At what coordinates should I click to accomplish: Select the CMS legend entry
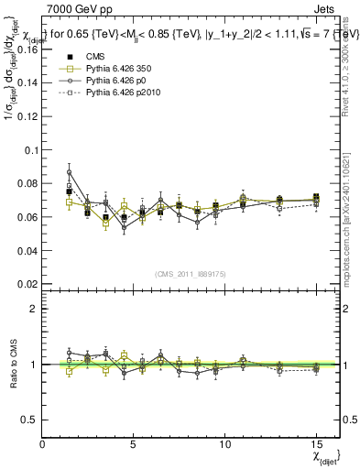click(x=91, y=58)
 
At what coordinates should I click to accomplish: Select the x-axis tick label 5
click(x=134, y=444)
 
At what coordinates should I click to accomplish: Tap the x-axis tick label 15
click(x=315, y=444)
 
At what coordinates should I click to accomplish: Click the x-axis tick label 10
click(x=224, y=444)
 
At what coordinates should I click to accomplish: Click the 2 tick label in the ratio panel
click(x=35, y=309)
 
